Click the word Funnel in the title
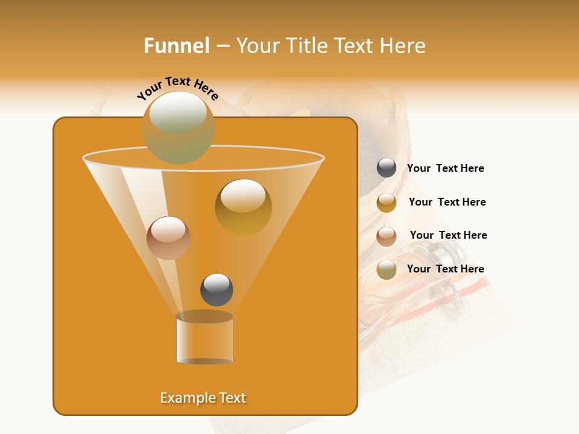click(x=176, y=46)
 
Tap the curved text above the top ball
click(x=177, y=88)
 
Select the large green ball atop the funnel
click(x=179, y=127)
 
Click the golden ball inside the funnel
click(x=243, y=207)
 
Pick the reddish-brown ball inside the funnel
click(x=168, y=238)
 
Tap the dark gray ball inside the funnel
click(x=217, y=289)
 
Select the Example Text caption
click(x=203, y=398)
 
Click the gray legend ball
click(x=387, y=168)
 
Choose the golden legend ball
click(x=387, y=202)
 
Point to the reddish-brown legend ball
click(x=387, y=236)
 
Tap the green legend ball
click(x=387, y=269)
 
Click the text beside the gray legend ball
click(x=445, y=168)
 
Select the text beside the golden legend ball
click(x=447, y=202)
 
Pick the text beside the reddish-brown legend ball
click(x=448, y=235)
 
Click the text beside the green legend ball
click(x=445, y=269)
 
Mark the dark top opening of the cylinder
click(x=204, y=316)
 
